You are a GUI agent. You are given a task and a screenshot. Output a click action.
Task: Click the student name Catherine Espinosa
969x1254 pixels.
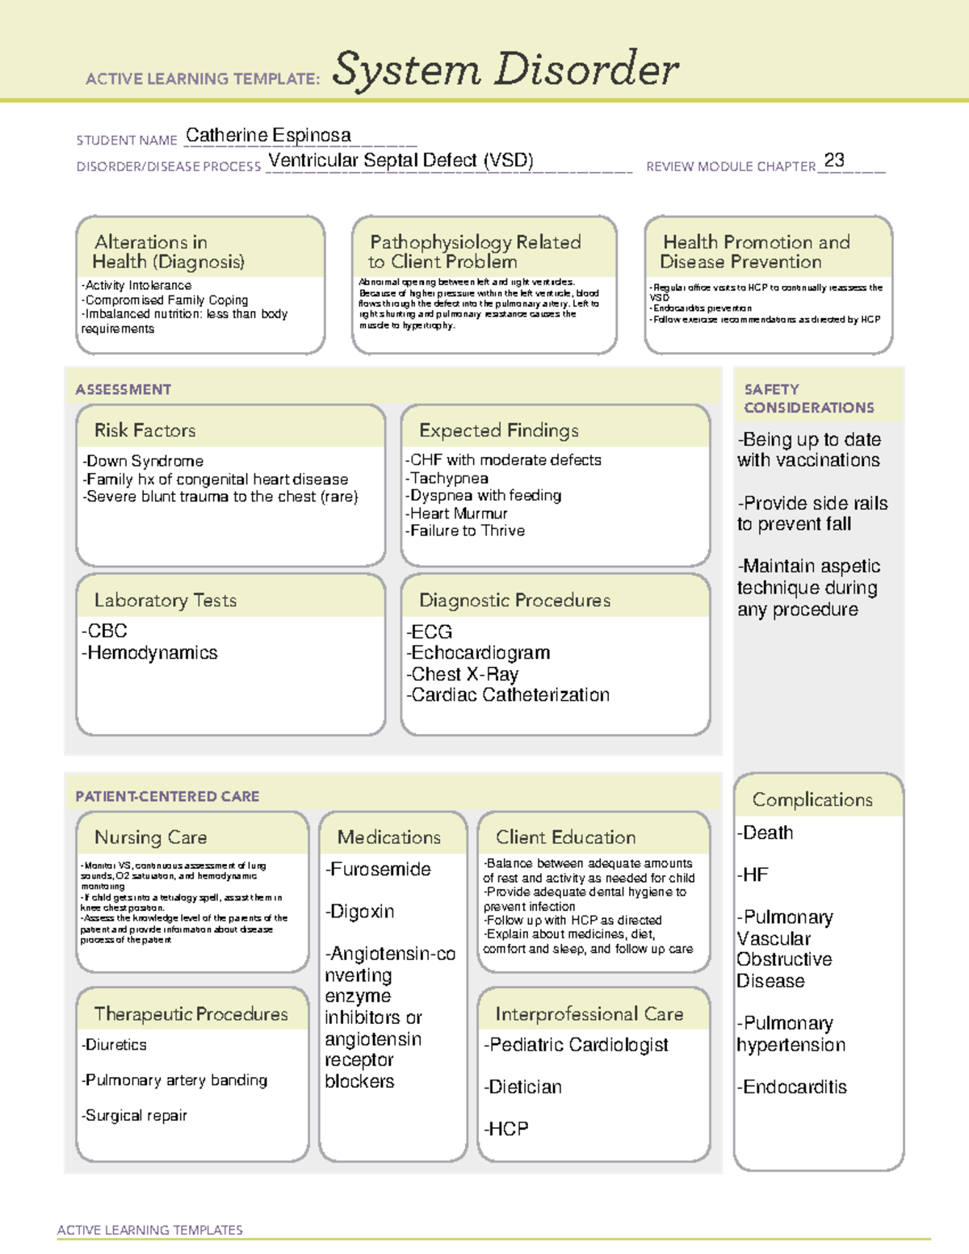(x=268, y=136)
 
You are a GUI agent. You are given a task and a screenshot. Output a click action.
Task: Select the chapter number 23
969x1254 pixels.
(x=834, y=161)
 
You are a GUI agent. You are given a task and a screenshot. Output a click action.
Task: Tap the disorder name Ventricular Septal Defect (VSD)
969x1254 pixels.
(x=401, y=161)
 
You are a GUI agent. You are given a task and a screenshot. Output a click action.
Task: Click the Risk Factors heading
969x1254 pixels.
(x=145, y=430)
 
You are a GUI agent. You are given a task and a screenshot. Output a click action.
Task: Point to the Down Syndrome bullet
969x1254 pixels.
(x=144, y=461)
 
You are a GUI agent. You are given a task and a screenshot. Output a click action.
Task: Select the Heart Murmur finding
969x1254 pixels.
(x=457, y=514)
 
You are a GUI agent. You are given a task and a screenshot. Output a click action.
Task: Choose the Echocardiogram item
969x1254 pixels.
(x=478, y=652)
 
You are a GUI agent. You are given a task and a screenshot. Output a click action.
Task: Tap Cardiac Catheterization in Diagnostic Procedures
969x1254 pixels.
(x=508, y=695)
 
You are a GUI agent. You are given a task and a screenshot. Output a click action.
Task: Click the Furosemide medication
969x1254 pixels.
(x=378, y=870)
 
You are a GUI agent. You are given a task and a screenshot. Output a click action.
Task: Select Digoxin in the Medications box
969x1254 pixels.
(x=360, y=912)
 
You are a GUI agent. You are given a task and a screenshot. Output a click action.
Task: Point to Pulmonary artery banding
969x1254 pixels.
(x=174, y=1080)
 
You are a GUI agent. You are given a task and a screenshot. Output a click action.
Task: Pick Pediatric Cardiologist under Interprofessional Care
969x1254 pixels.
(x=576, y=1045)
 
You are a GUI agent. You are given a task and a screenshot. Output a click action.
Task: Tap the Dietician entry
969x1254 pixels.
(x=522, y=1088)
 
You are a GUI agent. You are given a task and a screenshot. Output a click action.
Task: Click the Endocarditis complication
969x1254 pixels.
(x=791, y=1088)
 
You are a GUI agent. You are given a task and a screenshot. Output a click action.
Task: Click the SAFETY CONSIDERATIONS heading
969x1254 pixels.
(x=808, y=399)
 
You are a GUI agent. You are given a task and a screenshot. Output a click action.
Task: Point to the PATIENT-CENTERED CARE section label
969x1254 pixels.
(x=167, y=796)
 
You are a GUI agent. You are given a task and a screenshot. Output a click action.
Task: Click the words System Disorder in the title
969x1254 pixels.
(x=505, y=69)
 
